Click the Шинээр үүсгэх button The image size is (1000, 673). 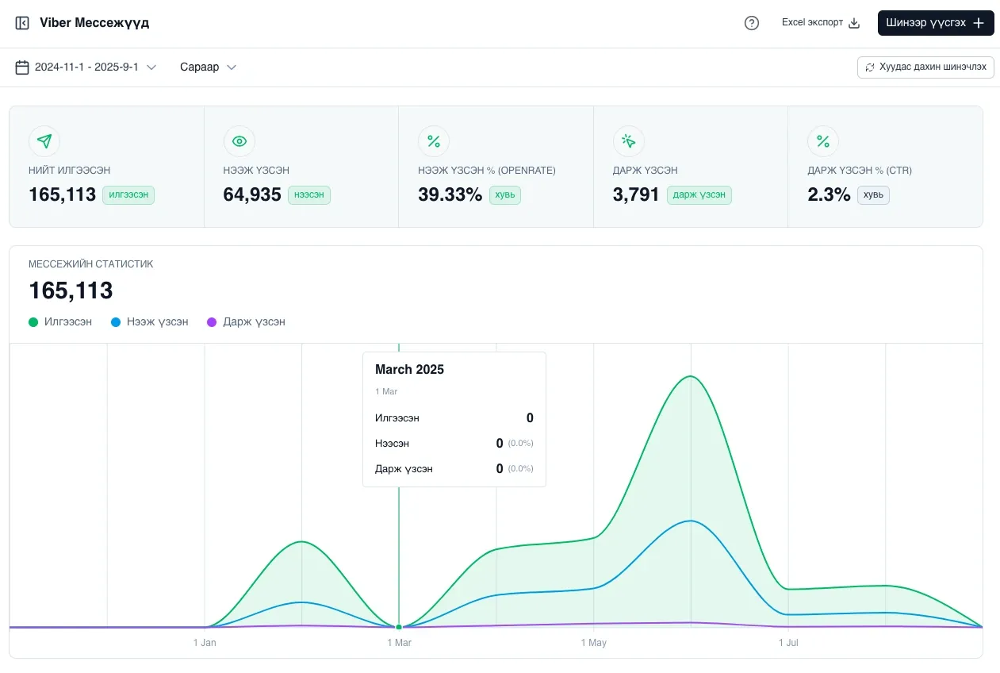pyautogui.click(x=935, y=23)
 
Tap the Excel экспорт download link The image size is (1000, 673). pyautogui.click(x=821, y=23)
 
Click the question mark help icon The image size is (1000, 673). pyautogui.click(x=751, y=23)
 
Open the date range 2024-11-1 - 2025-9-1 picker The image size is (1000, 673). pyautogui.click(x=86, y=67)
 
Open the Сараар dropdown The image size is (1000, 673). pyautogui.click(x=208, y=67)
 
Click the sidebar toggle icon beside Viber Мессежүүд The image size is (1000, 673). pyautogui.click(x=22, y=23)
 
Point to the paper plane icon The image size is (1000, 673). pyautogui.click(x=44, y=141)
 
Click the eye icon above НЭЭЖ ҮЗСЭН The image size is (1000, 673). pyautogui.click(x=239, y=141)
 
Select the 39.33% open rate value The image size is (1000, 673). pyautogui.click(x=450, y=194)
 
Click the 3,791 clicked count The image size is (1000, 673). pyautogui.click(x=635, y=194)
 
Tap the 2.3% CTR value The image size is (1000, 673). pyautogui.click(x=829, y=194)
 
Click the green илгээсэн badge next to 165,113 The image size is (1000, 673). pyautogui.click(x=128, y=195)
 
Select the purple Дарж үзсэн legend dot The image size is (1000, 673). pyautogui.click(x=212, y=322)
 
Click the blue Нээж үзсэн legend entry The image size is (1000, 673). pyautogui.click(x=150, y=321)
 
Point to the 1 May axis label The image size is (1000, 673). pyautogui.click(x=593, y=643)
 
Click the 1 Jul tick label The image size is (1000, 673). pyautogui.click(x=788, y=643)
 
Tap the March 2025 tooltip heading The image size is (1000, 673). pyautogui.click(x=409, y=370)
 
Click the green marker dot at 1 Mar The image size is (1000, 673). pyautogui.click(x=399, y=627)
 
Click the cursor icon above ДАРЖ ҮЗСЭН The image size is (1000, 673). pyautogui.click(x=629, y=141)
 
